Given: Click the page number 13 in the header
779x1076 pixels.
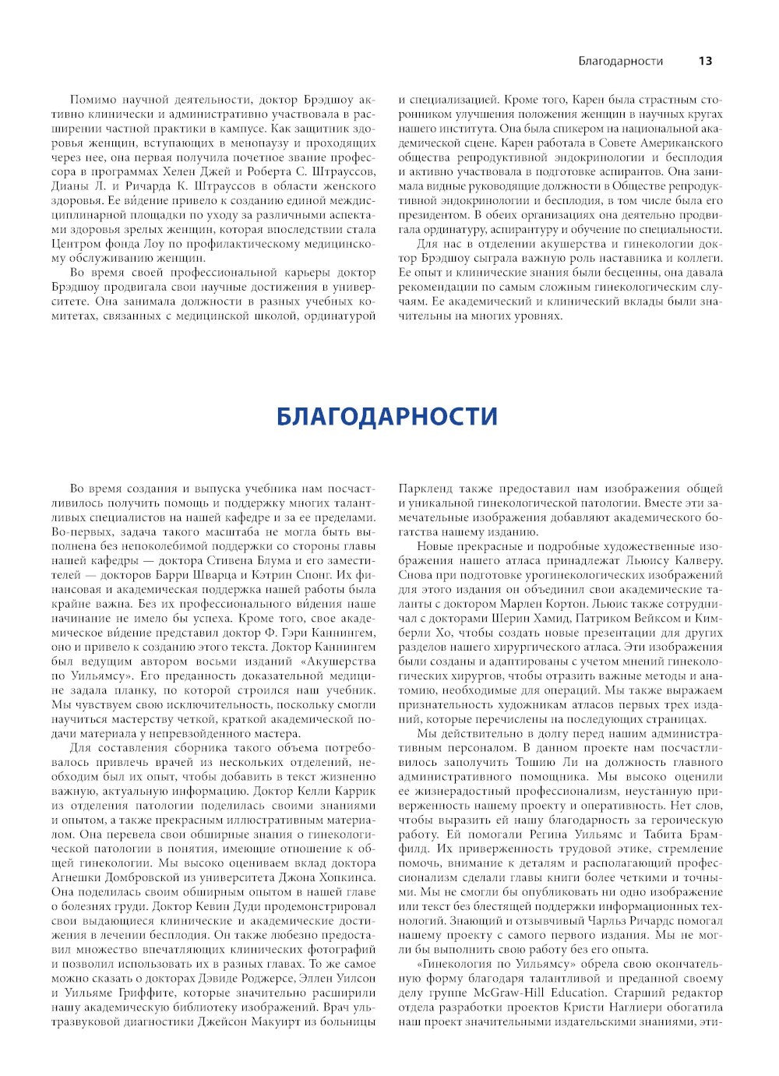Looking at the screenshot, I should pos(705,61).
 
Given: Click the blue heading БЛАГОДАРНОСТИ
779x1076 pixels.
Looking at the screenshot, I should pos(387,416).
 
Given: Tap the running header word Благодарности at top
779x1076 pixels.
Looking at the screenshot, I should pos(621,61).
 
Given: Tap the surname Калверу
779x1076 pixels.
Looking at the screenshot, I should pos(695,560).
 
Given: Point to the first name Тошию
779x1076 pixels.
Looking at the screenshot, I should pos(534,762).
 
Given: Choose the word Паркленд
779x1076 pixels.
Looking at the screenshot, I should pos(425,489).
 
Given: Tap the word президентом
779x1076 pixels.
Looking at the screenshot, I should pos(432,215).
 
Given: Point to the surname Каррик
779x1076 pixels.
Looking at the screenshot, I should pos(353,791).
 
